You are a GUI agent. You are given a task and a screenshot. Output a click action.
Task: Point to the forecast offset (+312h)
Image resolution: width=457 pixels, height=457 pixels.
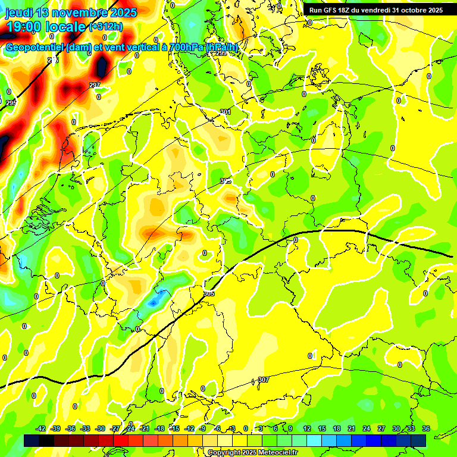pos(105,26)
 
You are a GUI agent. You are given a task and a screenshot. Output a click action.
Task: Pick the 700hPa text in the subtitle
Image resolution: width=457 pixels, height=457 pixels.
pos(189,48)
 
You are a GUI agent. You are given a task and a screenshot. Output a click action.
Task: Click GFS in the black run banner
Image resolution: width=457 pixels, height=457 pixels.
pos(335,10)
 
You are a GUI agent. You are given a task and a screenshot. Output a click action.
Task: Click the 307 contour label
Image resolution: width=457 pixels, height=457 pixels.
pos(263,380)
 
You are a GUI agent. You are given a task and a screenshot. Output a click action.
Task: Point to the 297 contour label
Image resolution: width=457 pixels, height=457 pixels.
pos(95,85)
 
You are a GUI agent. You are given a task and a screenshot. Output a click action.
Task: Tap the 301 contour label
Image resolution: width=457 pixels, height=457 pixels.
pos(225,112)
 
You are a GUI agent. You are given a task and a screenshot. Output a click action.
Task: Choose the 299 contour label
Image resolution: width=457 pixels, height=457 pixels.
pos(221,54)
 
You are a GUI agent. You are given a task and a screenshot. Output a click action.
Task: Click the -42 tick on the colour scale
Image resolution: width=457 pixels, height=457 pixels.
pos(40,428)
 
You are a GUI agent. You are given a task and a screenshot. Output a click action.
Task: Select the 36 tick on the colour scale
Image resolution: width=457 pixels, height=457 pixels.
pos(426,428)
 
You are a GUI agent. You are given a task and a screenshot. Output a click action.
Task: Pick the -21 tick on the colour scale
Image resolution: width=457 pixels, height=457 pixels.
pos(145,428)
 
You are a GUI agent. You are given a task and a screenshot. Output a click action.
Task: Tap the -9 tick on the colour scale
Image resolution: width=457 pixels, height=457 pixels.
pos(202,428)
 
